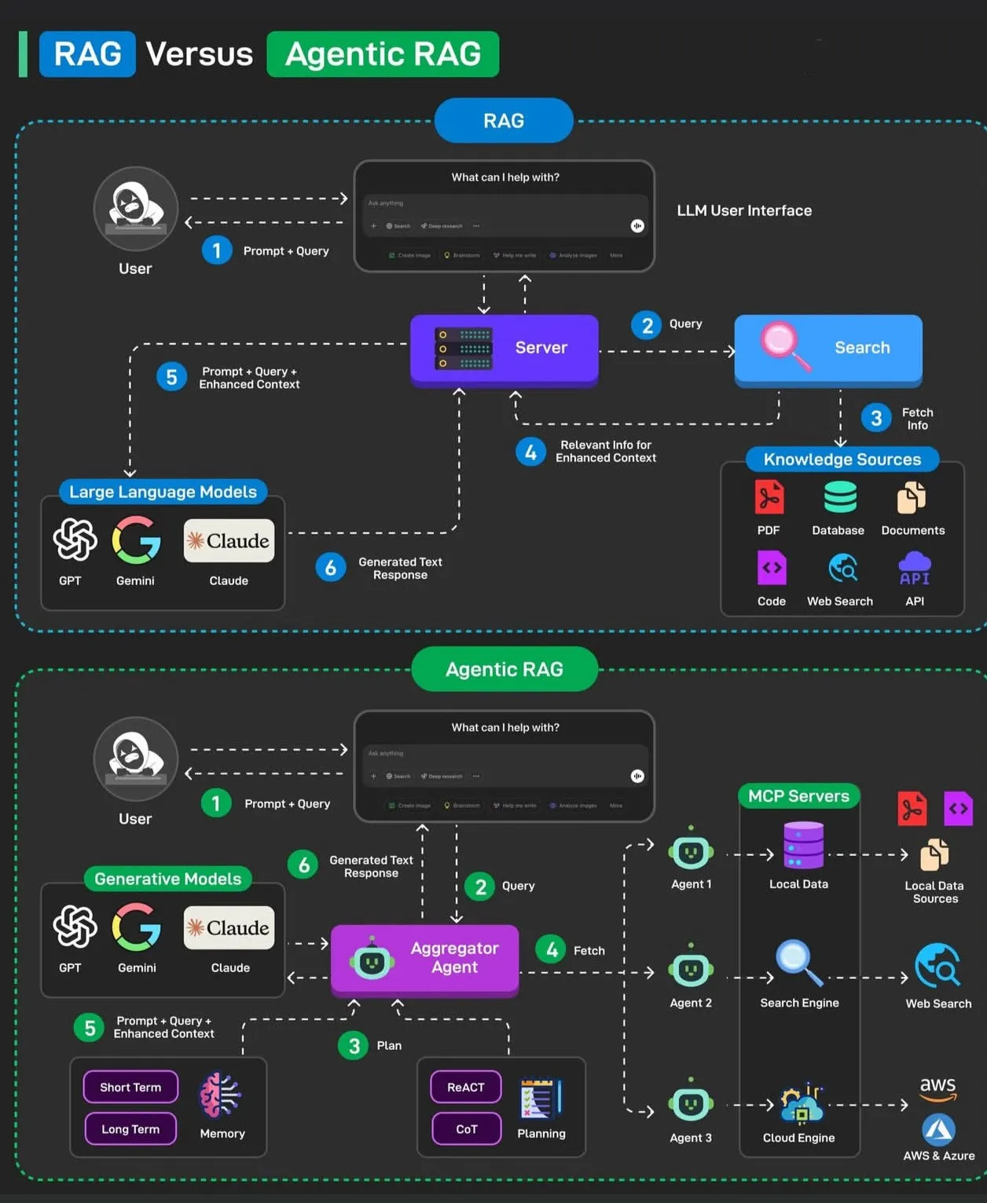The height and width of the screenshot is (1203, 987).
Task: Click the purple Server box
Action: pyautogui.click(x=504, y=349)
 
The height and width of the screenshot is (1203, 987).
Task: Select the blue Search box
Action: pyautogui.click(x=827, y=349)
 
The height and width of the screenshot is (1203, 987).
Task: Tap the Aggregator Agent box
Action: pyautogui.click(x=424, y=959)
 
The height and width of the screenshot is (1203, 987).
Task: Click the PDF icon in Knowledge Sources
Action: pyautogui.click(x=769, y=498)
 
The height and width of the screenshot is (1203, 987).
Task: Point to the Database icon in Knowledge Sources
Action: pyautogui.click(x=839, y=498)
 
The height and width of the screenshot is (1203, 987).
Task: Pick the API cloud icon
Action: pyautogui.click(x=914, y=569)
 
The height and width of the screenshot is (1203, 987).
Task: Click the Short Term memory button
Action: pyautogui.click(x=130, y=1088)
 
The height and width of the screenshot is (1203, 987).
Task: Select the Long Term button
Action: pyautogui.click(x=130, y=1129)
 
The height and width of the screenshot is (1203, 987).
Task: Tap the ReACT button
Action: pyautogui.click(x=466, y=1088)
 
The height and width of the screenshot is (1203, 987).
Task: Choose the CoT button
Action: pyautogui.click(x=466, y=1129)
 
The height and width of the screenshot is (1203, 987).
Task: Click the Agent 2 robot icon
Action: pyautogui.click(x=691, y=970)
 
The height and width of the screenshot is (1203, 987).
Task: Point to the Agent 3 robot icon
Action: pyautogui.click(x=691, y=1104)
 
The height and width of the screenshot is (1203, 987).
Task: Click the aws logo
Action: pyautogui.click(x=937, y=1088)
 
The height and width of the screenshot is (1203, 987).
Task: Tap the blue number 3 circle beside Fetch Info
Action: pyautogui.click(x=876, y=419)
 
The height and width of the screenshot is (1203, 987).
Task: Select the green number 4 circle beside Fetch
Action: pyautogui.click(x=552, y=950)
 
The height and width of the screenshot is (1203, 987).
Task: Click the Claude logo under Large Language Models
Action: pyautogui.click(x=229, y=541)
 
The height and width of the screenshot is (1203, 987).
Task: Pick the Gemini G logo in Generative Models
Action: pyautogui.click(x=137, y=927)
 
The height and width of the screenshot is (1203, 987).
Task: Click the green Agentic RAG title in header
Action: pyautogui.click(x=383, y=54)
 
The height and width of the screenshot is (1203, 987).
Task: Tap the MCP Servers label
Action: pyautogui.click(x=798, y=796)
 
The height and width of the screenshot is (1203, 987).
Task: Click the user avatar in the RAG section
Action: pyautogui.click(x=135, y=208)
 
